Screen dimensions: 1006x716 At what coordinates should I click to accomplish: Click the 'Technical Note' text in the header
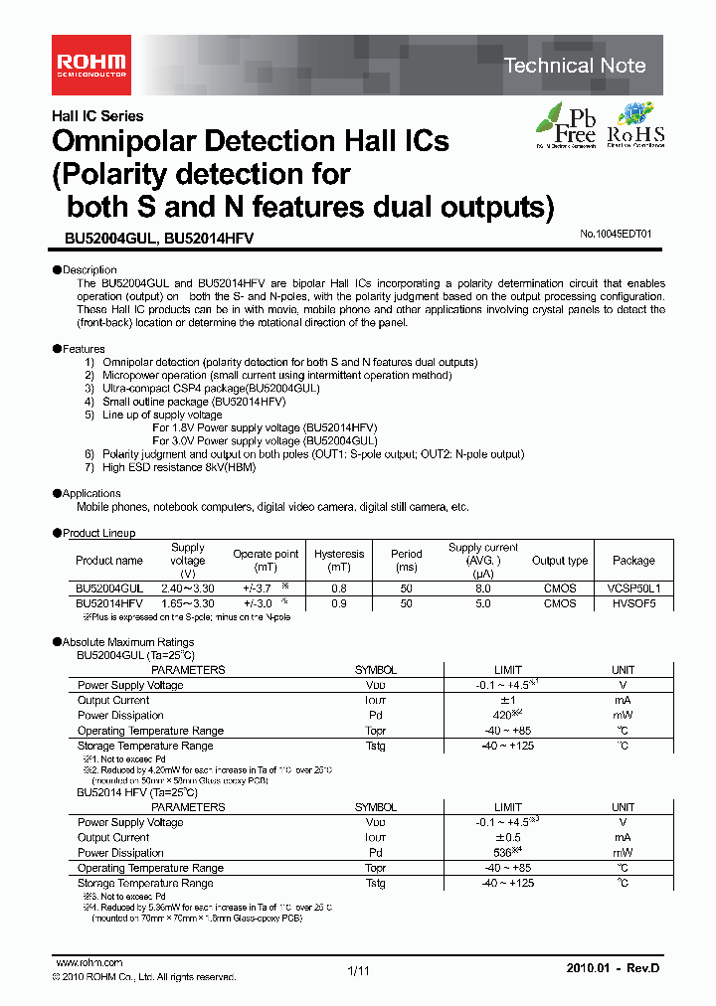click(575, 66)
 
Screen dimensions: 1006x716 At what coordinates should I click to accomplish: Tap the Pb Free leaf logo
click(566, 124)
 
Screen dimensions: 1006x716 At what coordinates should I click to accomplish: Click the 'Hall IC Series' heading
click(97, 116)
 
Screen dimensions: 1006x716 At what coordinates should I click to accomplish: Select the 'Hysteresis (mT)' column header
click(339, 561)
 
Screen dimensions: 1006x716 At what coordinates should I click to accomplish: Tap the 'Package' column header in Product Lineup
click(633, 561)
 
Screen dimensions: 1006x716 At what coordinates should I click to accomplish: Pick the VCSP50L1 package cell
click(633, 588)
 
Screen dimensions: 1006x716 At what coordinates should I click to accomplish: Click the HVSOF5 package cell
click(633, 603)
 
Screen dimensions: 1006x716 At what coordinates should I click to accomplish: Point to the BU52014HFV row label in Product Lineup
click(109, 603)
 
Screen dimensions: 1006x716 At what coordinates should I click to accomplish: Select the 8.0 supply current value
click(483, 588)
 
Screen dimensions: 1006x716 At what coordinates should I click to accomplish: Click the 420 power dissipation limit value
click(504, 715)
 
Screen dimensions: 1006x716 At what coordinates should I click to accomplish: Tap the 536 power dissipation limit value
click(504, 853)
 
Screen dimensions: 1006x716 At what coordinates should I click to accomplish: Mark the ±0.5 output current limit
click(508, 837)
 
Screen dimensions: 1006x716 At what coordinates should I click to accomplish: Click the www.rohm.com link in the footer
click(89, 962)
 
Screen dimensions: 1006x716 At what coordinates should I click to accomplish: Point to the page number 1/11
click(358, 970)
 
